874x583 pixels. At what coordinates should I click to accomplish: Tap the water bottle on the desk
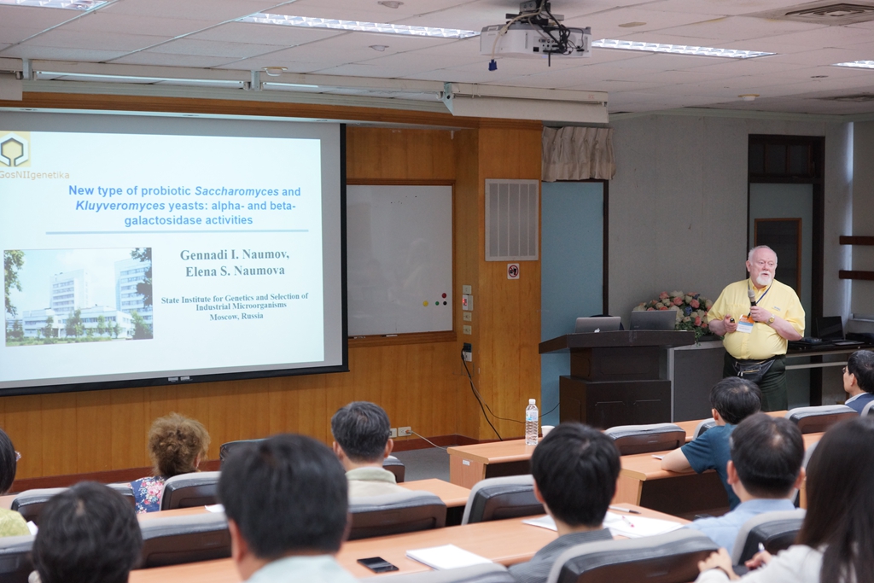532,422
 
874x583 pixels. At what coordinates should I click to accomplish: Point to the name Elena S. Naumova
235,271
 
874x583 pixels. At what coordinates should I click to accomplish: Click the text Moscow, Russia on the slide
236,316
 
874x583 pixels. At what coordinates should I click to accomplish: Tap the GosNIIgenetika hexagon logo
15,149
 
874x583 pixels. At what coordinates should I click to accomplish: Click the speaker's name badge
744,325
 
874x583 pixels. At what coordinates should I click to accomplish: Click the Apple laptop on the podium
597,325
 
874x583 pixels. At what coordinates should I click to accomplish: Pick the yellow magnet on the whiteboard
425,304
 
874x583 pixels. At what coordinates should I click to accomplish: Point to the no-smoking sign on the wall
513,271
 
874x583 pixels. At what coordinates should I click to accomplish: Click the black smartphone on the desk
377,564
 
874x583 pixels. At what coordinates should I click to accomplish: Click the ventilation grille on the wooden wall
512,219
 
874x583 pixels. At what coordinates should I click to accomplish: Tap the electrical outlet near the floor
400,432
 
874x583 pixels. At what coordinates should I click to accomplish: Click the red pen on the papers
627,522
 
